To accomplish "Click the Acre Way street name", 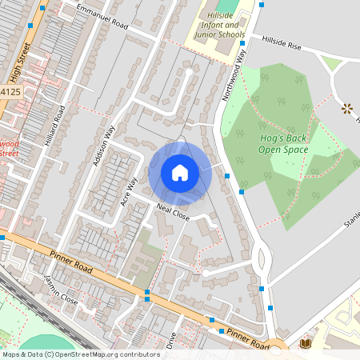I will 128,192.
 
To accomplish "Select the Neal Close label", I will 172,212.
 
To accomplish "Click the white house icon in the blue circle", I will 180,173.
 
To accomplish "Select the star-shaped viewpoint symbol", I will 347,108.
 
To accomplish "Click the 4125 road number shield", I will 10,93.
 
